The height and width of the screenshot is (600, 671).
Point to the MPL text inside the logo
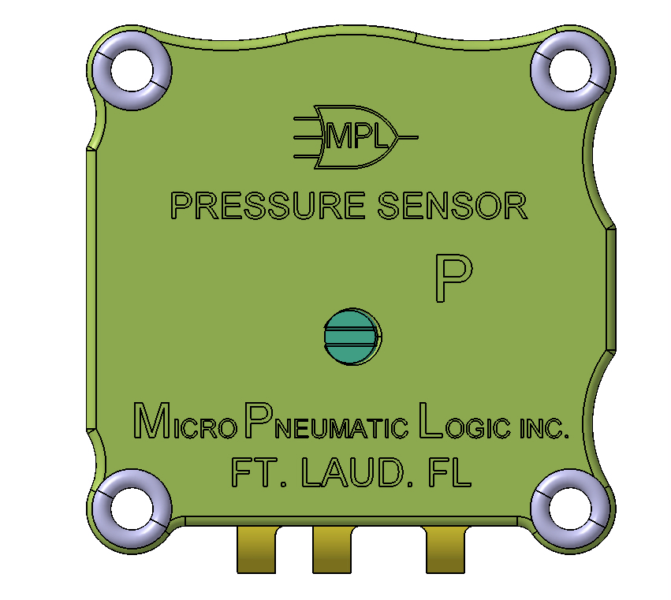pos(358,138)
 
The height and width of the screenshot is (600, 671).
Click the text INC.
pos(543,428)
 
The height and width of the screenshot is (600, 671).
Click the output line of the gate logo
pos(409,137)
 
